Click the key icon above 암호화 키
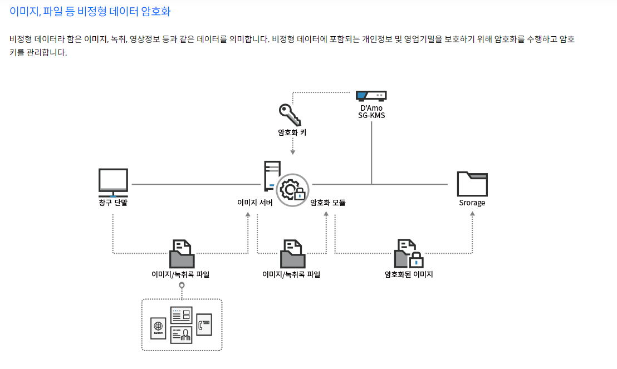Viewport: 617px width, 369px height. click(290, 115)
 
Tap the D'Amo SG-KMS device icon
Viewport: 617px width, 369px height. click(371, 96)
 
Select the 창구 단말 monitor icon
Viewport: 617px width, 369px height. click(113, 182)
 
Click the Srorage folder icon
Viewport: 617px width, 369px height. click(472, 183)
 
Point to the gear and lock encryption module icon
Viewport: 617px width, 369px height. click(292, 190)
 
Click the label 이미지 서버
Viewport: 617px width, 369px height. click(254, 203)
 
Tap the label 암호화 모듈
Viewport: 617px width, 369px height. click(328, 203)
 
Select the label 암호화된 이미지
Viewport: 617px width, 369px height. click(409, 274)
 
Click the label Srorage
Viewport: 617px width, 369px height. click(472, 203)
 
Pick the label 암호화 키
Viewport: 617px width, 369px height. click(292, 133)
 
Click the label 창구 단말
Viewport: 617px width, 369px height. click(113, 203)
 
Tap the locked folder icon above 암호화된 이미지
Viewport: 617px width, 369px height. click(409, 254)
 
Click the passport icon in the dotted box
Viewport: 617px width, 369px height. click(158, 328)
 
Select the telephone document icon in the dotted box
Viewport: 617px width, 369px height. click(204, 324)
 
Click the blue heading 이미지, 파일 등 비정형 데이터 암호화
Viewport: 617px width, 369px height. click(90, 11)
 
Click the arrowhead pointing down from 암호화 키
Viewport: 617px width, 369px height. click(293, 152)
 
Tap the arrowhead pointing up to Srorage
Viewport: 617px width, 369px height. click(472, 214)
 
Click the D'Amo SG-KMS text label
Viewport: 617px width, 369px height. click(371, 111)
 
